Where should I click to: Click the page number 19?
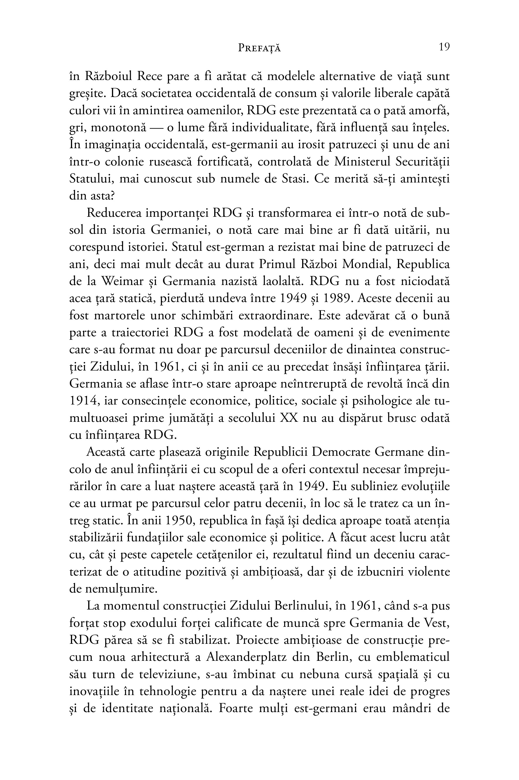click(x=444, y=47)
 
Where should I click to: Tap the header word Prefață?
click(x=259, y=48)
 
